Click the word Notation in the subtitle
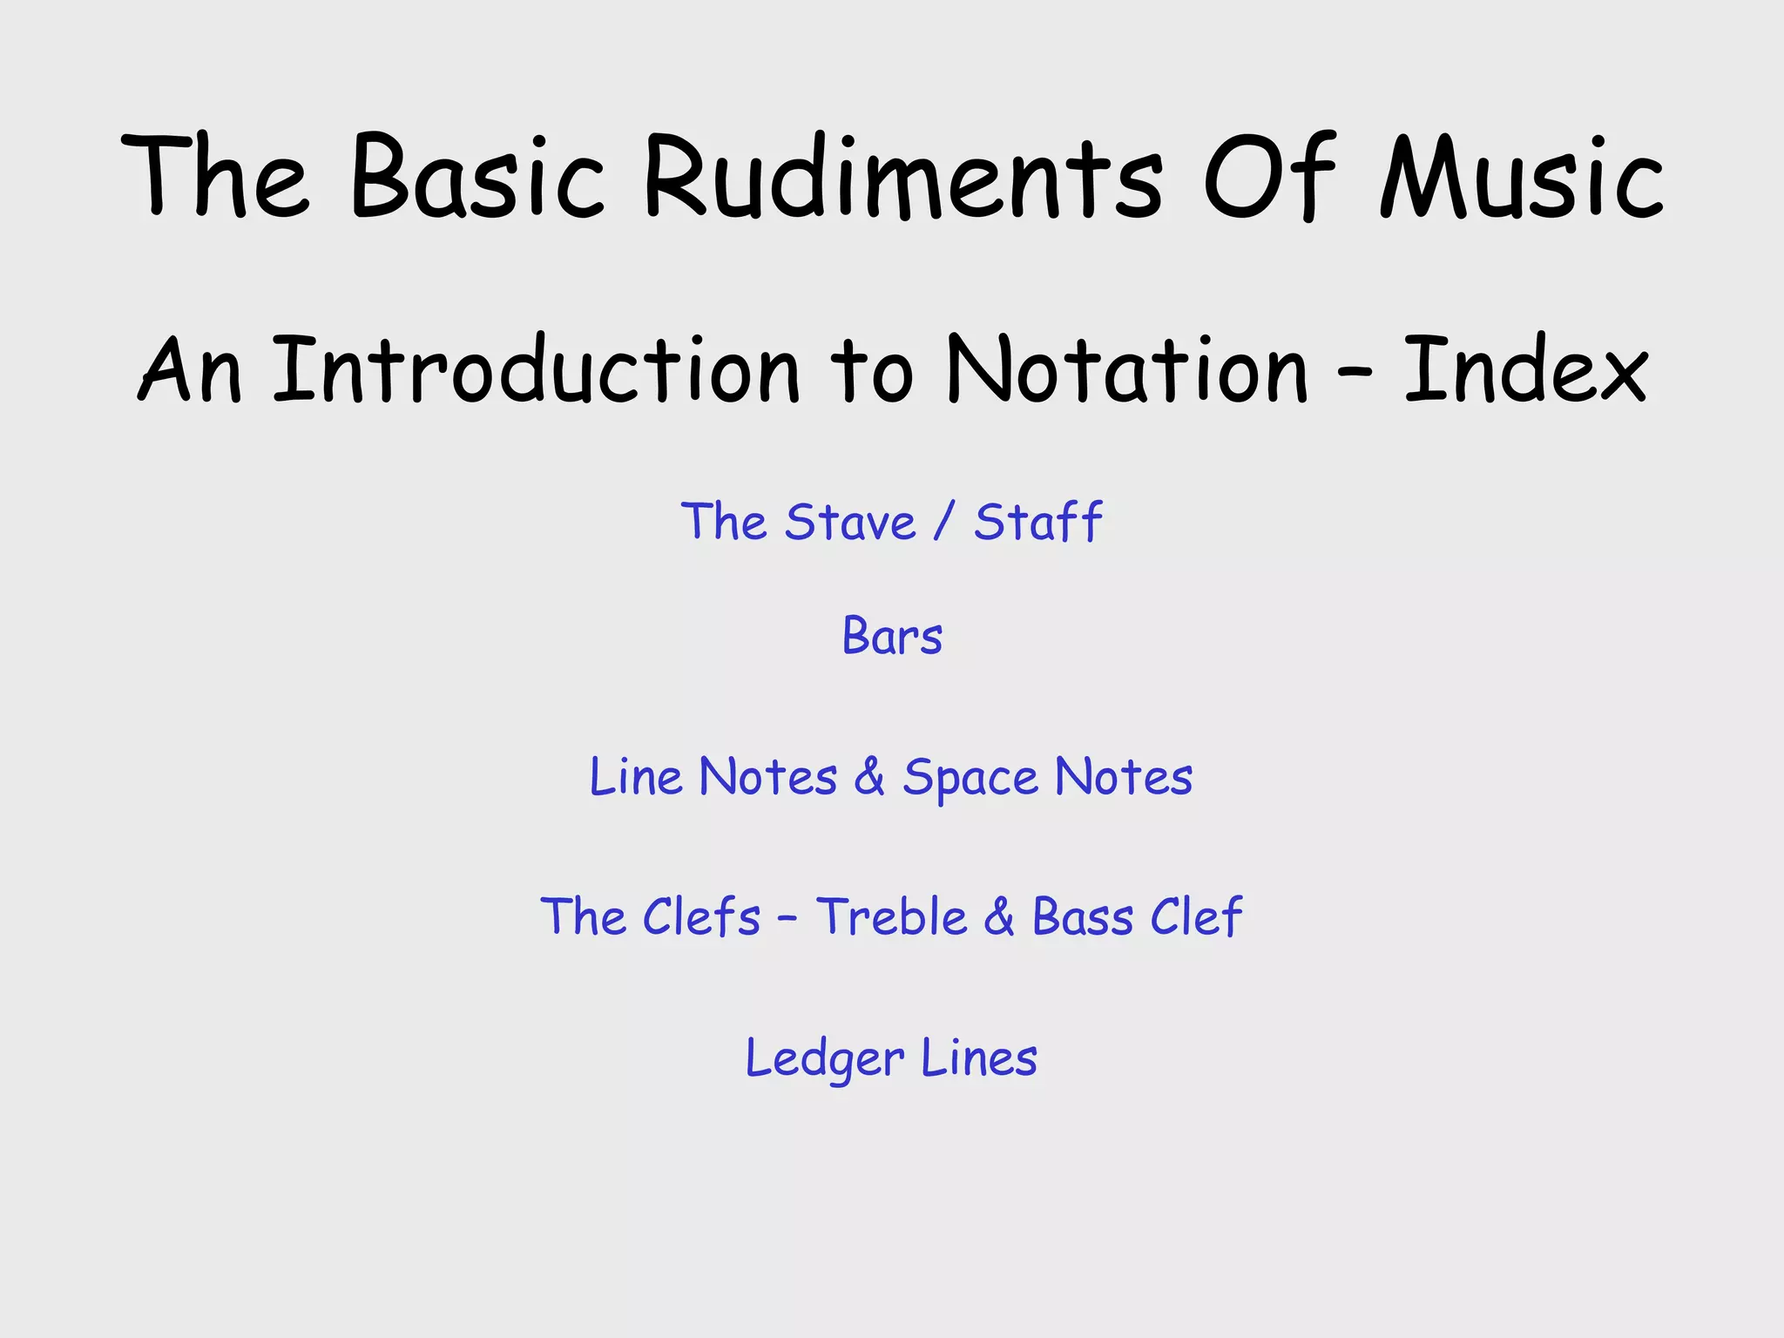[1127, 370]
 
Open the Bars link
[892, 636]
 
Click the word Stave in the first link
[849, 523]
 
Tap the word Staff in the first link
[1037, 523]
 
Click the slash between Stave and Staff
[944, 523]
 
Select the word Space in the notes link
[970, 777]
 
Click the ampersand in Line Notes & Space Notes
[869, 777]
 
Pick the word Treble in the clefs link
[891, 917]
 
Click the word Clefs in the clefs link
[702, 917]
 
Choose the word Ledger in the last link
[824, 1059]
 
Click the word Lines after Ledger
[979, 1058]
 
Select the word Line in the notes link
[636, 777]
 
